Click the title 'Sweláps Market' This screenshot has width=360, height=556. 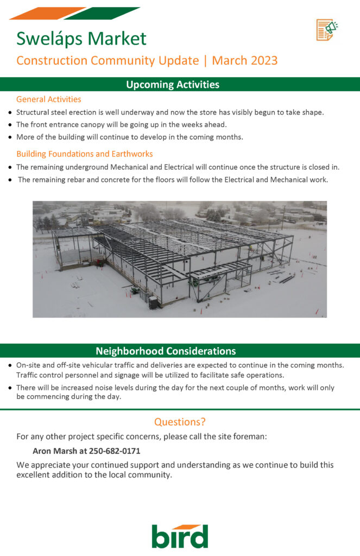pyautogui.click(x=81, y=39)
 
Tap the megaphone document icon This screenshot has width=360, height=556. pyautogui.click(x=327, y=29)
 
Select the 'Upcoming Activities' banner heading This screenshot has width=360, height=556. pyautogui.click(x=173, y=85)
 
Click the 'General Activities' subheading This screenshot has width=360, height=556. pyautogui.click(x=49, y=99)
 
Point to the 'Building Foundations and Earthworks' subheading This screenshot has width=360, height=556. pyautogui.click(x=85, y=154)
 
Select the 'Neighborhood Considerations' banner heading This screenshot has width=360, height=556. pyautogui.click(x=166, y=351)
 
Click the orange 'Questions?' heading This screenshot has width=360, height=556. pyautogui.click(x=180, y=422)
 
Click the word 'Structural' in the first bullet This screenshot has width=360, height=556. pyautogui.click(x=34, y=112)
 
